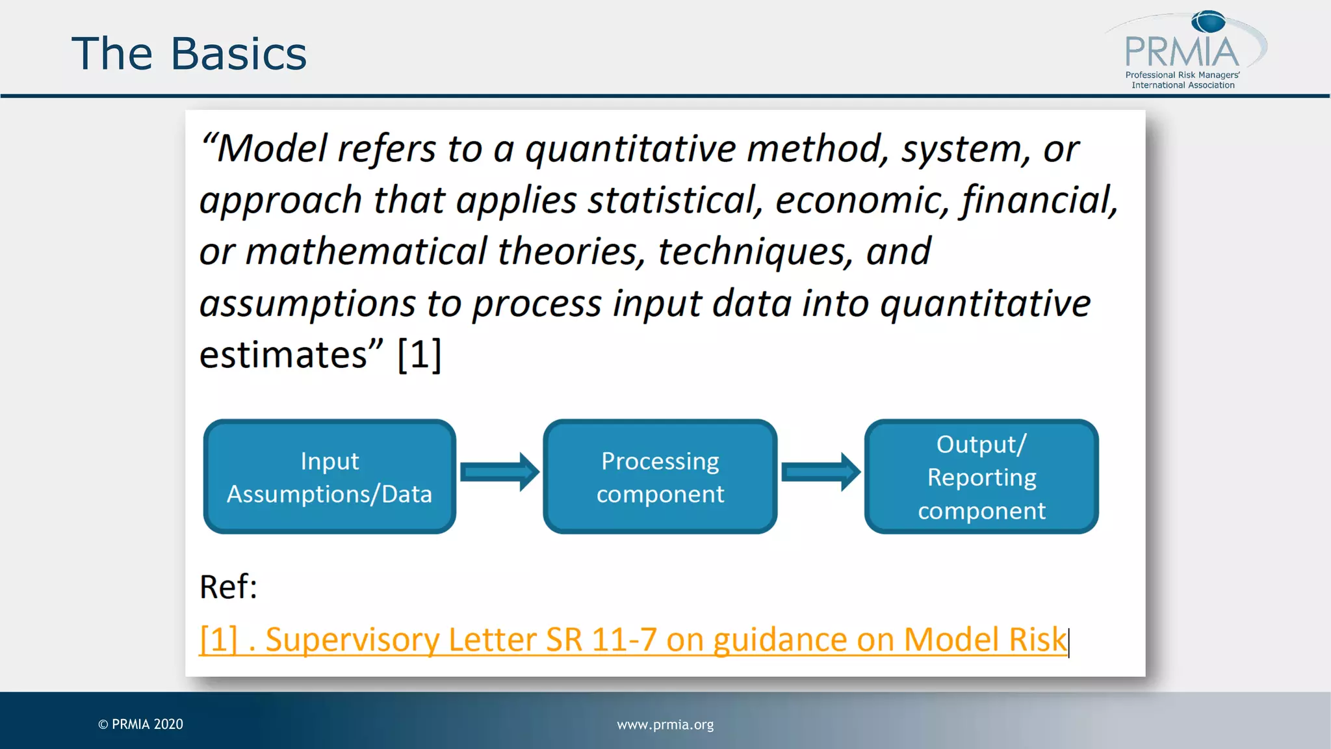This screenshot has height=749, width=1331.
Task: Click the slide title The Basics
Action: [x=188, y=54]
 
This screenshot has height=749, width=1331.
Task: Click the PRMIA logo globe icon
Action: [x=1208, y=22]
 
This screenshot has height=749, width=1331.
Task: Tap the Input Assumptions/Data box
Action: [x=330, y=477]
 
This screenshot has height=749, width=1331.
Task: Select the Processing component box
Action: [x=660, y=477]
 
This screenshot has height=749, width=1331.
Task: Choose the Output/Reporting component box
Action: [x=981, y=477]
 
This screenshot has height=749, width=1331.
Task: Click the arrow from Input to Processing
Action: [x=499, y=472]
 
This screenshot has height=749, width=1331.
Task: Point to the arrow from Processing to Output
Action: [x=820, y=472]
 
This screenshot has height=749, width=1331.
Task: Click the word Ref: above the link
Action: [x=228, y=587]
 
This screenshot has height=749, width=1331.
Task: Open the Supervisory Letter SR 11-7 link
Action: [x=633, y=640]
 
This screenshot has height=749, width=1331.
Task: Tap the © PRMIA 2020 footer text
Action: [x=141, y=724]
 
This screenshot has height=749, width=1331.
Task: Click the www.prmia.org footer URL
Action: [x=665, y=724]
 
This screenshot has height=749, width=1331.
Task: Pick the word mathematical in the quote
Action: [x=366, y=252]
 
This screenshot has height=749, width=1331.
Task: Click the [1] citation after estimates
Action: [x=419, y=355]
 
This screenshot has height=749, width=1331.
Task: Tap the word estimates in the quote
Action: [x=284, y=355]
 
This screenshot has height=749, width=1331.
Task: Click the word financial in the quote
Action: [x=1039, y=200]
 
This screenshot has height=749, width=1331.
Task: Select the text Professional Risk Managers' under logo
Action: [x=1182, y=75]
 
